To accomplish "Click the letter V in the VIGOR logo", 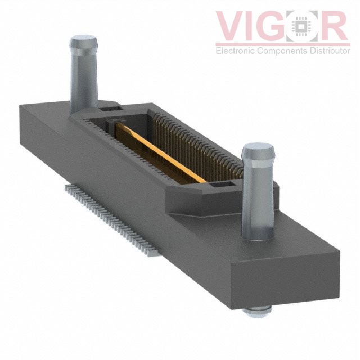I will tap(231, 27).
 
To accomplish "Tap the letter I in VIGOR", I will tap(254, 27).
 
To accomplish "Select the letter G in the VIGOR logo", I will tap(276, 27).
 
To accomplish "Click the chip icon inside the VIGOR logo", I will tap(304, 27).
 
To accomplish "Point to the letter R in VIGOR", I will tap(336, 27).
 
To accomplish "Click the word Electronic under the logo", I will tap(235, 51).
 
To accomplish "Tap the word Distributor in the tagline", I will tap(327, 51).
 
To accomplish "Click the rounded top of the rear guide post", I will tap(83, 43).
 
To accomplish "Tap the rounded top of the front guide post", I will tap(258, 151).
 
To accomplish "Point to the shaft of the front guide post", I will tap(258, 202).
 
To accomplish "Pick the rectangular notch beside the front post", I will tap(218, 185).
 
